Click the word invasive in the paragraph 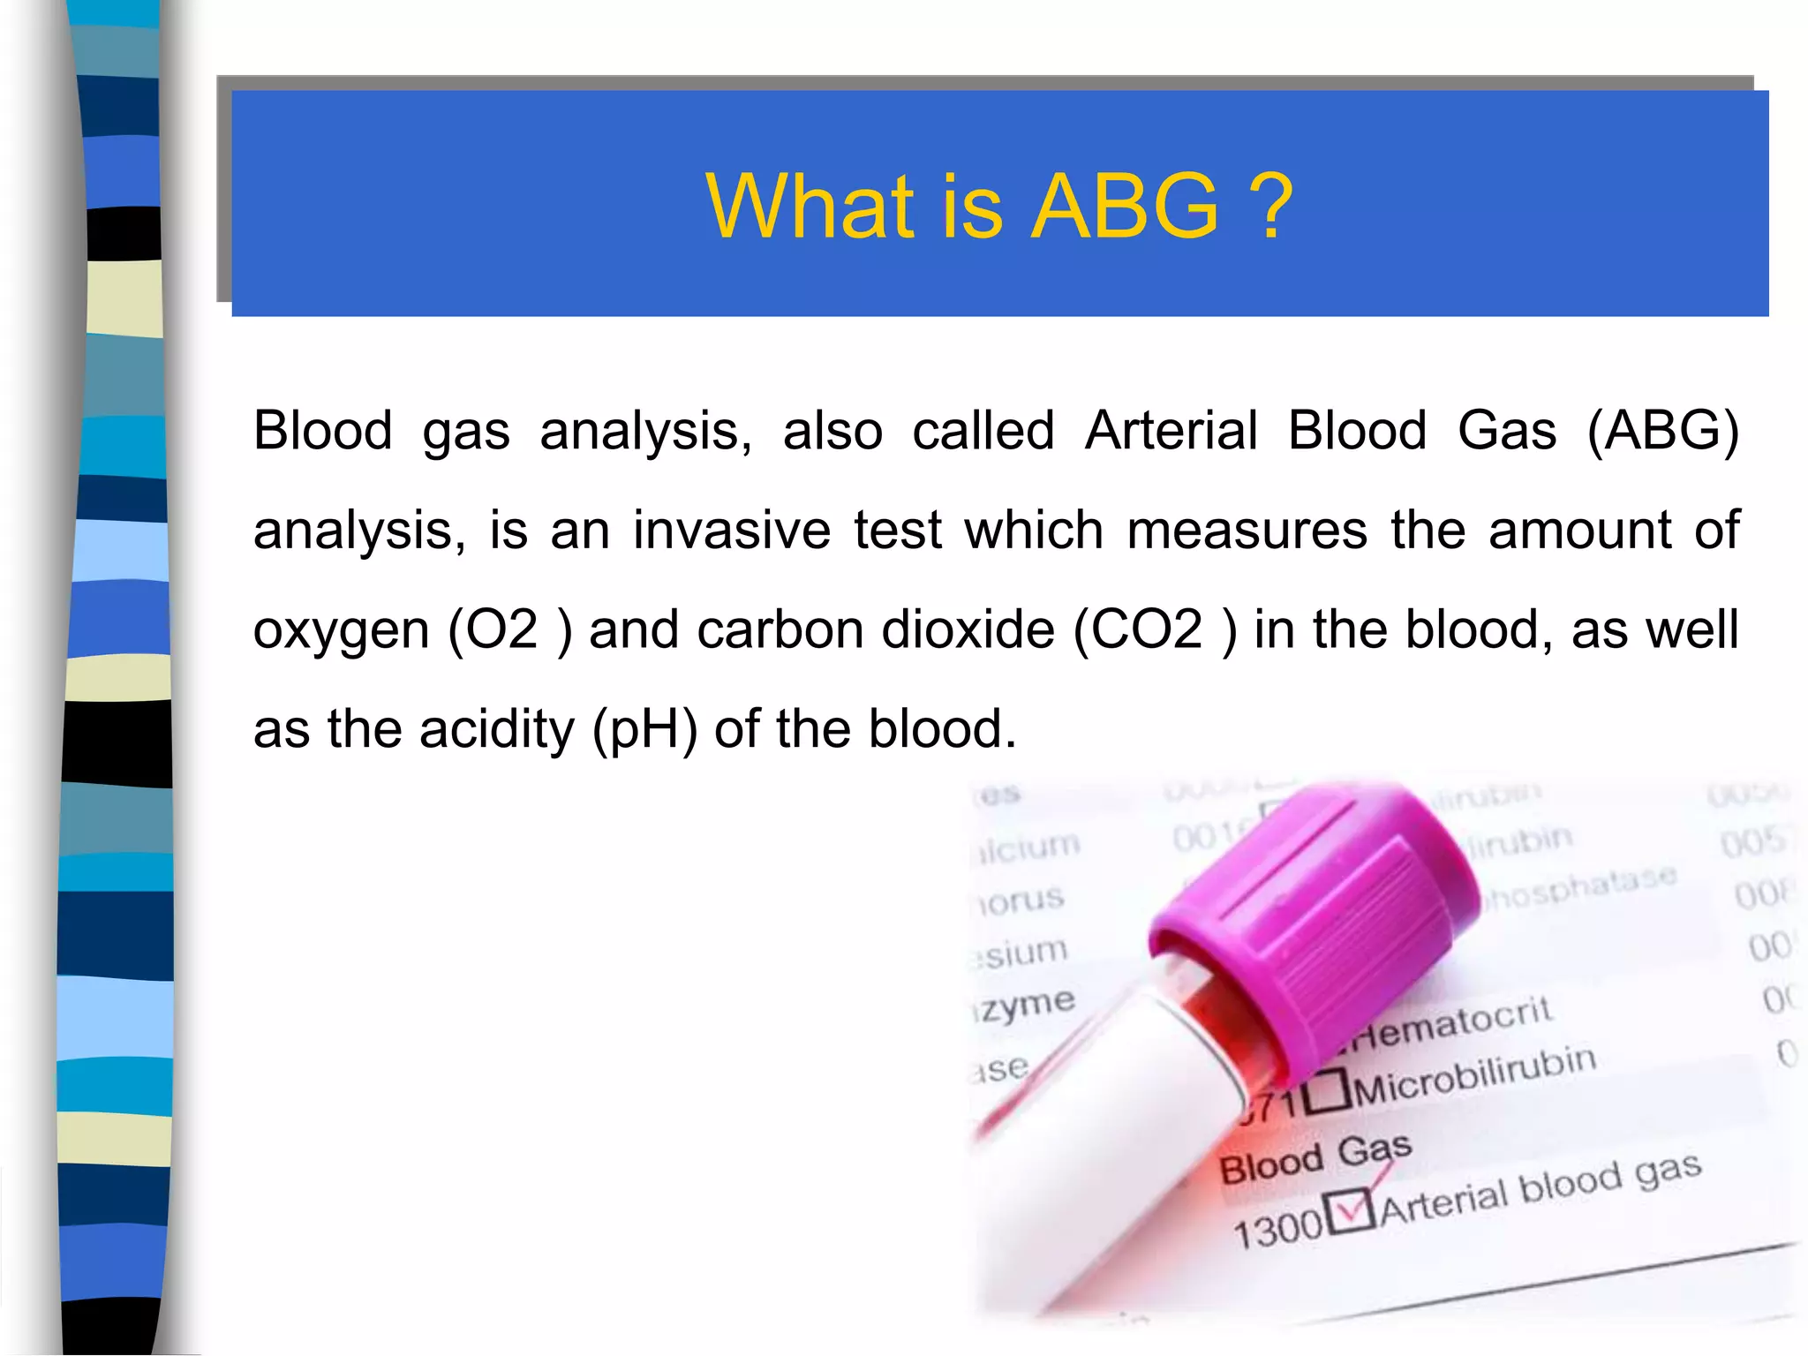click(732, 531)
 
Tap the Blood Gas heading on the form click(1315, 1158)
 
